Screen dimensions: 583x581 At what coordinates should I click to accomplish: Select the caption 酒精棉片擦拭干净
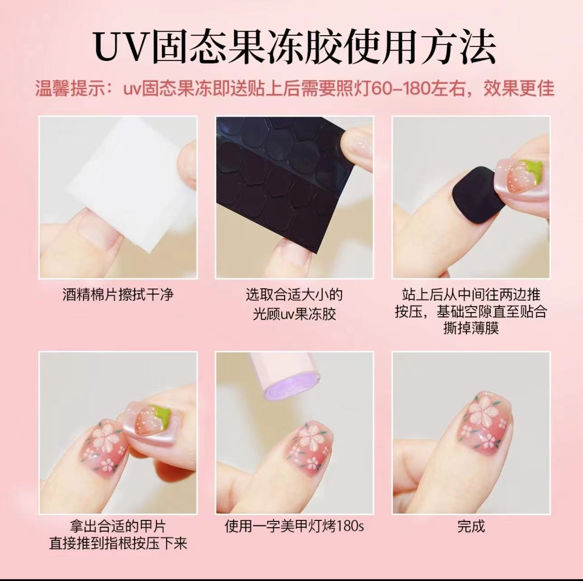tap(118, 295)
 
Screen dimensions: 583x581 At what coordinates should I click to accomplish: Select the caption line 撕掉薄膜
tap(471, 328)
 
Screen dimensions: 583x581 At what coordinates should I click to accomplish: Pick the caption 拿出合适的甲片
tap(118, 526)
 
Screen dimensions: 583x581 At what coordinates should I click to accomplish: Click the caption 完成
tap(471, 526)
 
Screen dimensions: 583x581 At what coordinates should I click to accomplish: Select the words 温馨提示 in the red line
tap(70, 89)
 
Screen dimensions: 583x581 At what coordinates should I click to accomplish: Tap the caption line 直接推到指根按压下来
tap(118, 543)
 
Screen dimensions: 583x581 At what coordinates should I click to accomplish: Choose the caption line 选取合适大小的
tap(294, 295)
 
